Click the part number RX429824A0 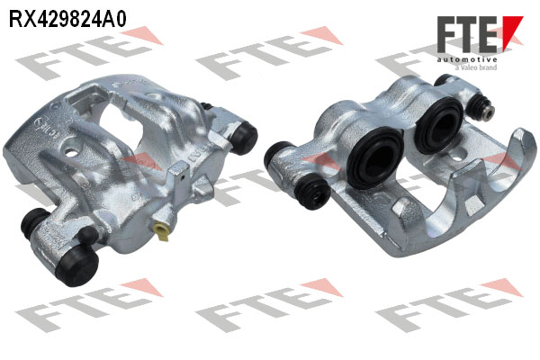pos(67,18)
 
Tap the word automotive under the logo pos(467,60)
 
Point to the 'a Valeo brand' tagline pos(476,67)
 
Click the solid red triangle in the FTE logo pos(512,32)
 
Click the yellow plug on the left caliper pos(161,231)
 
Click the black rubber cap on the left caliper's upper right pos(243,138)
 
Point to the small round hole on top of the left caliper pos(72,152)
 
